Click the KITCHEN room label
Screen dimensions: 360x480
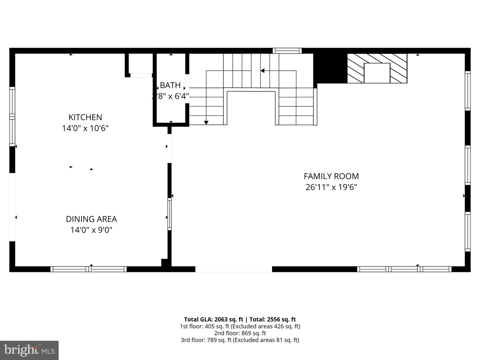pos(85,117)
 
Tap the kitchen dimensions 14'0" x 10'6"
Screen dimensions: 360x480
pos(85,128)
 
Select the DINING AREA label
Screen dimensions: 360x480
pos(91,219)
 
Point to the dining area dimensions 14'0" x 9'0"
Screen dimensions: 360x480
pos(91,230)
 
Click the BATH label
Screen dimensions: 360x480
pos(170,85)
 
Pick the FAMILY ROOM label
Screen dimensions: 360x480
pos(331,176)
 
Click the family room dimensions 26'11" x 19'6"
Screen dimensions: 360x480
pos(331,187)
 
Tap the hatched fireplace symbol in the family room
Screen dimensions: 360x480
pos(377,68)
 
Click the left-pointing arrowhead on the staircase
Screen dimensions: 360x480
pos(262,71)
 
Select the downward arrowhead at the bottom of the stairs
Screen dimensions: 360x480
pos(206,123)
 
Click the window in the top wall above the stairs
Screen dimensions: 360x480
pos(287,51)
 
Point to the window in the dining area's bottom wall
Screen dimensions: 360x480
pos(89,269)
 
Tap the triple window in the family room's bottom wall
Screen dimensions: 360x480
pos(404,269)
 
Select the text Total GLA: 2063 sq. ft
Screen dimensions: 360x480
pos(213,319)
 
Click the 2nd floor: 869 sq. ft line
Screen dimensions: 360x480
pos(240,333)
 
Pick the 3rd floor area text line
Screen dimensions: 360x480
pos(240,340)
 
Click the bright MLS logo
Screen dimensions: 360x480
pos(29,350)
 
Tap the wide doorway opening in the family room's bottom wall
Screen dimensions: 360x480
pos(233,269)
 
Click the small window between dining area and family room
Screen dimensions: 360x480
pos(169,214)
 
